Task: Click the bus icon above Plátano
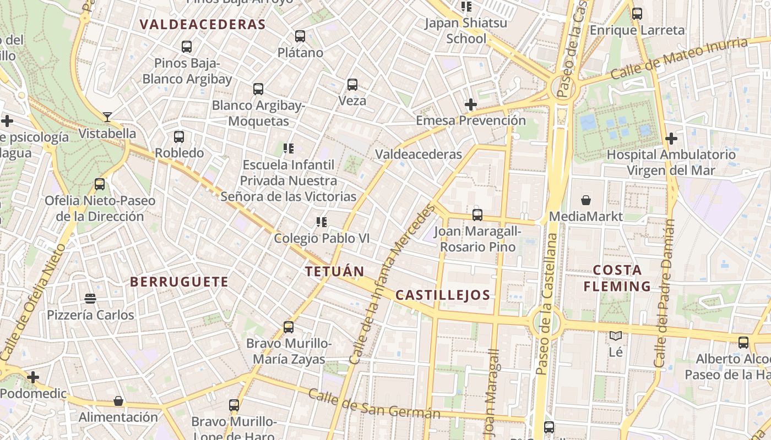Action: [x=300, y=36]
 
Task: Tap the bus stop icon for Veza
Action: [x=352, y=85]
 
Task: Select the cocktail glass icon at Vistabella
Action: [x=107, y=117]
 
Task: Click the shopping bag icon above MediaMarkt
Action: [x=586, y=200]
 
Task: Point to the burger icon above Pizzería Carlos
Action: [x=91, y=299]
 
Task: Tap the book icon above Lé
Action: [x=616, y=335]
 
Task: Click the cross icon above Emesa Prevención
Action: [x=471, y=104]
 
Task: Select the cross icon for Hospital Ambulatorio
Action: [x=671, y=139]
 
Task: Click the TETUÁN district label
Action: [x=335, y=271]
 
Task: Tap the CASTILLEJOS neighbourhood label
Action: [x=443, y=295]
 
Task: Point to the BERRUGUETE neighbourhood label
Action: [x=179, y=282]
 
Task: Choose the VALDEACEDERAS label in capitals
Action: [x=203, y=25]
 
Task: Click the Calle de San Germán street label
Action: [x=374, y=403]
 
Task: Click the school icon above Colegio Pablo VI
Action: [x=322, y=222]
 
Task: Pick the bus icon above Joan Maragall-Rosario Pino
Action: [x=477, y=215]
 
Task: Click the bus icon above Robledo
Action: [x=179, y=137]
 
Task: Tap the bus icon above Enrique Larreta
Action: [x=637, y=14]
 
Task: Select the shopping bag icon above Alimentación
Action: [x=118, y=401]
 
